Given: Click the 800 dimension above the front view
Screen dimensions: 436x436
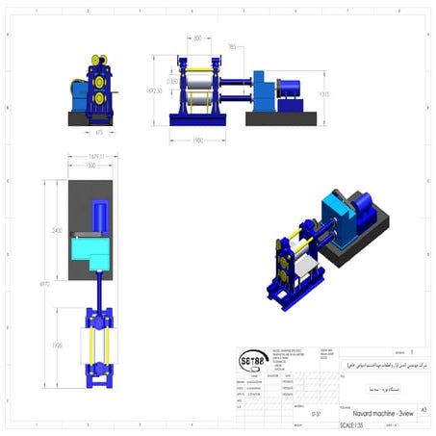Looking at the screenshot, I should click(x=197, y=38).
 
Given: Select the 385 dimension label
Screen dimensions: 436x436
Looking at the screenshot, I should click(x=232, y=46).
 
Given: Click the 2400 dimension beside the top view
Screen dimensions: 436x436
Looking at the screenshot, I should click(x=57, y=230).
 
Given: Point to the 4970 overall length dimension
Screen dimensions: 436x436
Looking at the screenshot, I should click(x=42, y=284).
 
